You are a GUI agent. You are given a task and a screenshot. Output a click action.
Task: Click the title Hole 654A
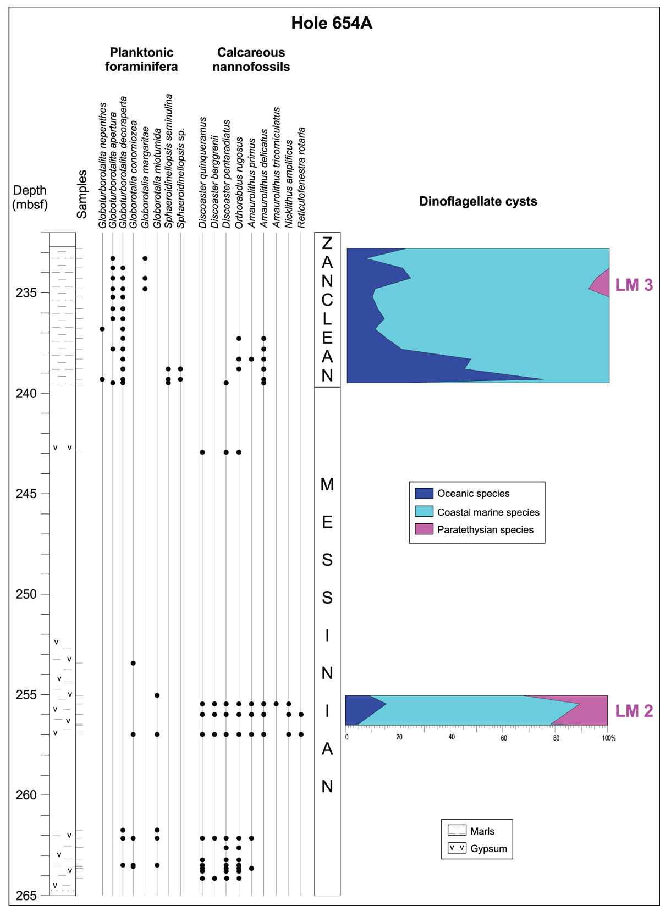click(x=332, y=24)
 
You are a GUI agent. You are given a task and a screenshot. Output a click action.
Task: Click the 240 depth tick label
click(x=26, y=394)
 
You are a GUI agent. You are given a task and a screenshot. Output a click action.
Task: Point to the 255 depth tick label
click(x=26, y=695)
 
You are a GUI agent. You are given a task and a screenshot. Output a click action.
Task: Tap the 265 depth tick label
click(x=26, y=896)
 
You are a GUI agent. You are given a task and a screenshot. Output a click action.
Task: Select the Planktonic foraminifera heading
click(x=141, y=59)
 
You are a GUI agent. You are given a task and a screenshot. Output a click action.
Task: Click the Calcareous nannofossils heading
click(x=251, y=59)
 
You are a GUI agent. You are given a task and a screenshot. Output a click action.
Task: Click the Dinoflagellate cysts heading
click(x=478, y=201)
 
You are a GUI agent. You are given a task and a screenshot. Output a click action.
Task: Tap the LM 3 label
click(x=634, y=285)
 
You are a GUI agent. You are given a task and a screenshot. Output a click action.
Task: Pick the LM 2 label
click(x=634, y=711)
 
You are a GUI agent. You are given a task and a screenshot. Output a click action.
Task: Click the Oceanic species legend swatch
click(x=424, y=493)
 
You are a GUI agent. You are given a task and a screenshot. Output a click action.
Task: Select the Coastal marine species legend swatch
click(x=424, y=511)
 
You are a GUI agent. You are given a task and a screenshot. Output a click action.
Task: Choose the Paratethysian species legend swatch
click(x=424, y=529)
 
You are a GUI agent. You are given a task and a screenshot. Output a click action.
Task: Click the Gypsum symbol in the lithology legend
click(x=457, y=848)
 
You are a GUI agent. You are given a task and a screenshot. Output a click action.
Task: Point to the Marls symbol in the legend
click(x=457, y=831)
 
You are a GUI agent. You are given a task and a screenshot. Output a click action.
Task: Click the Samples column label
click(x=82, y=194)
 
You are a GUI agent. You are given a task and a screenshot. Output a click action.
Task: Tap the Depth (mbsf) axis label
click(x=30, y=197)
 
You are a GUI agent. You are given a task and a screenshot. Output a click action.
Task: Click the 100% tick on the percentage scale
click(x=608, y=738)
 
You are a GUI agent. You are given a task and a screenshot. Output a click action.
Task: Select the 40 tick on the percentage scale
click(x=451, y=737)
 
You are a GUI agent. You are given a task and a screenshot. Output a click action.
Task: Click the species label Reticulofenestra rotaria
click(x=301, y=178)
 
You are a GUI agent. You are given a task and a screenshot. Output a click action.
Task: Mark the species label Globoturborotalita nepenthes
click(x=102, y=165)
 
